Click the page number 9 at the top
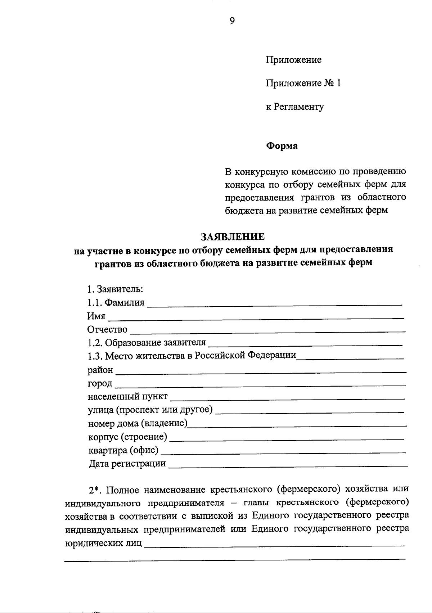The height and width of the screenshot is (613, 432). point(232,21)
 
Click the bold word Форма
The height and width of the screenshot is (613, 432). point(282,146)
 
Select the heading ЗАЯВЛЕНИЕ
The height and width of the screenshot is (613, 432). point(233,236)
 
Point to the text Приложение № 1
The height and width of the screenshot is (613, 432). point(303,84)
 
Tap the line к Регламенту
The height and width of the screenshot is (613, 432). point(294,107)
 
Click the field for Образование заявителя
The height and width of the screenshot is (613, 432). point(305,344)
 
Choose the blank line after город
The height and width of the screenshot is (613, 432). point(259,385)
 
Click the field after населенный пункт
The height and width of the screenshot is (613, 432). point(287,398)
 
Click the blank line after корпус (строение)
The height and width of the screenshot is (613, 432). point(287,439)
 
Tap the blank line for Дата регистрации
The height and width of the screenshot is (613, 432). point(288,465)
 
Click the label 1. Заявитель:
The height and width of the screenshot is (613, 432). point(115,289)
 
